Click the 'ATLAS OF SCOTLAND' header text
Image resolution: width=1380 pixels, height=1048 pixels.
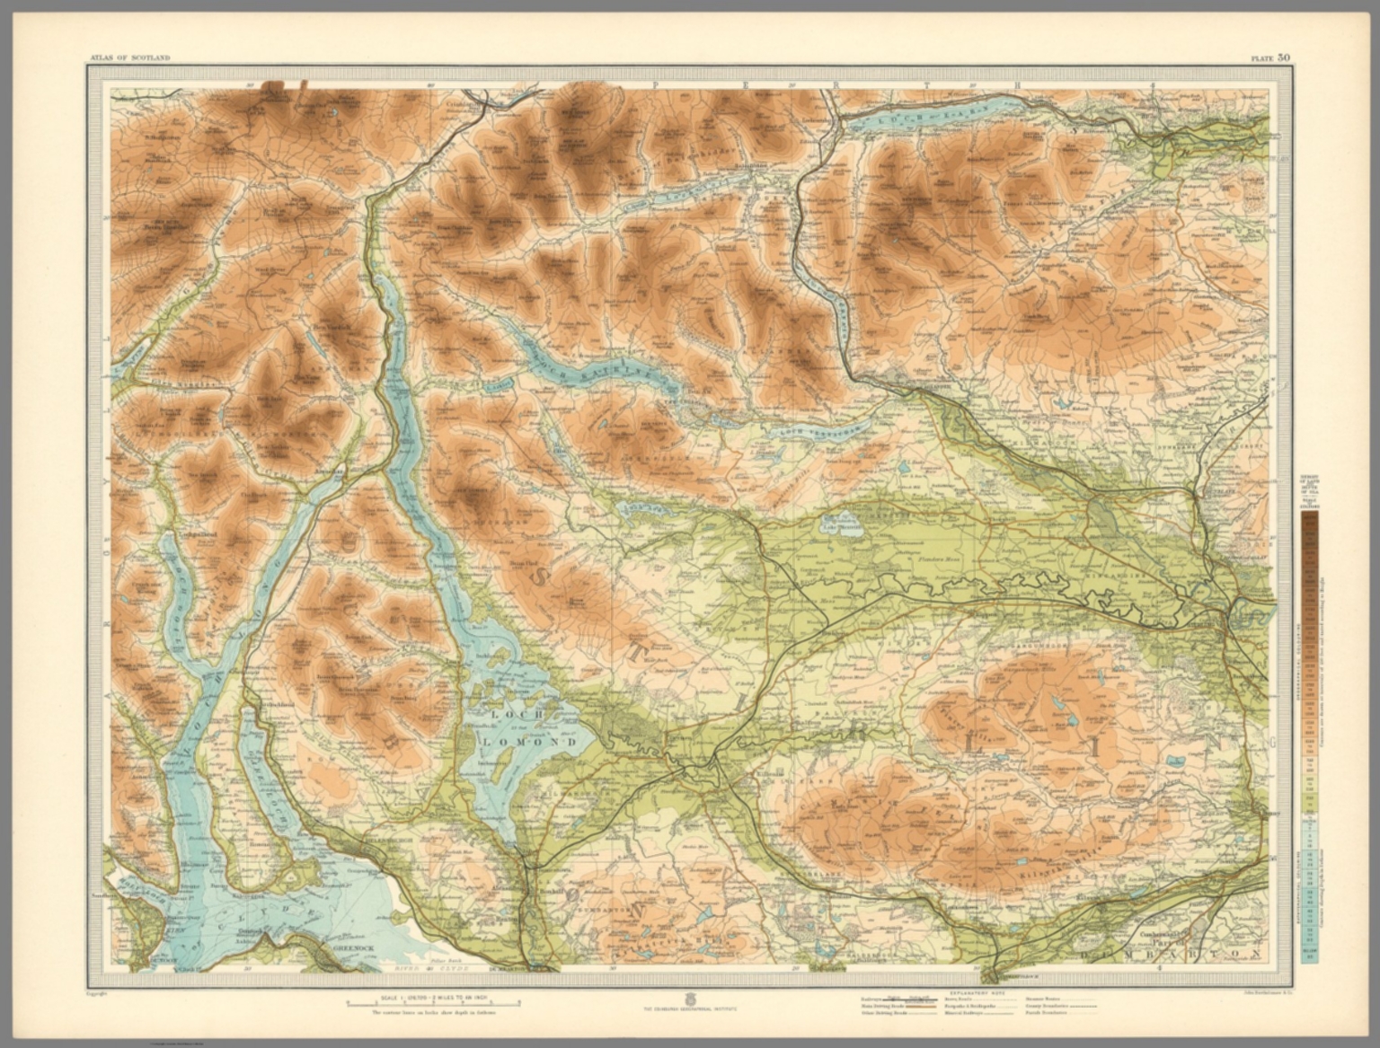[129, 57]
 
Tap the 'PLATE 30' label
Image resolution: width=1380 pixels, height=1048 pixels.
[1270, 57]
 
